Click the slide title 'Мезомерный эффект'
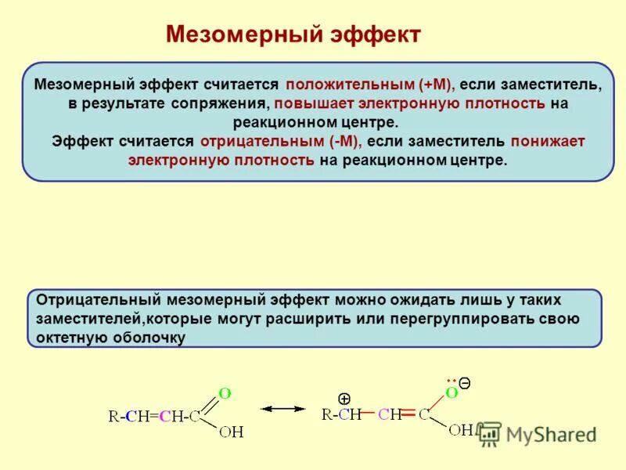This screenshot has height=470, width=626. [293, 34]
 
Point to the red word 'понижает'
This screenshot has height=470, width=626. [548, 142]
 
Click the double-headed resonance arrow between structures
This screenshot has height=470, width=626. [282, 409]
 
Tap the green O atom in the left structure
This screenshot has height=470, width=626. [224, 393]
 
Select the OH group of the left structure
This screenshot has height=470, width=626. [232, 432]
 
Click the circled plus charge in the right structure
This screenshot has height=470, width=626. [344, 398]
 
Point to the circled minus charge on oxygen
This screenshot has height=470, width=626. [464, 383]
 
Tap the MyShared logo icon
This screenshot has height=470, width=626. [489, 433]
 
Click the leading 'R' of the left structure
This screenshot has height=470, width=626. [113, 417]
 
